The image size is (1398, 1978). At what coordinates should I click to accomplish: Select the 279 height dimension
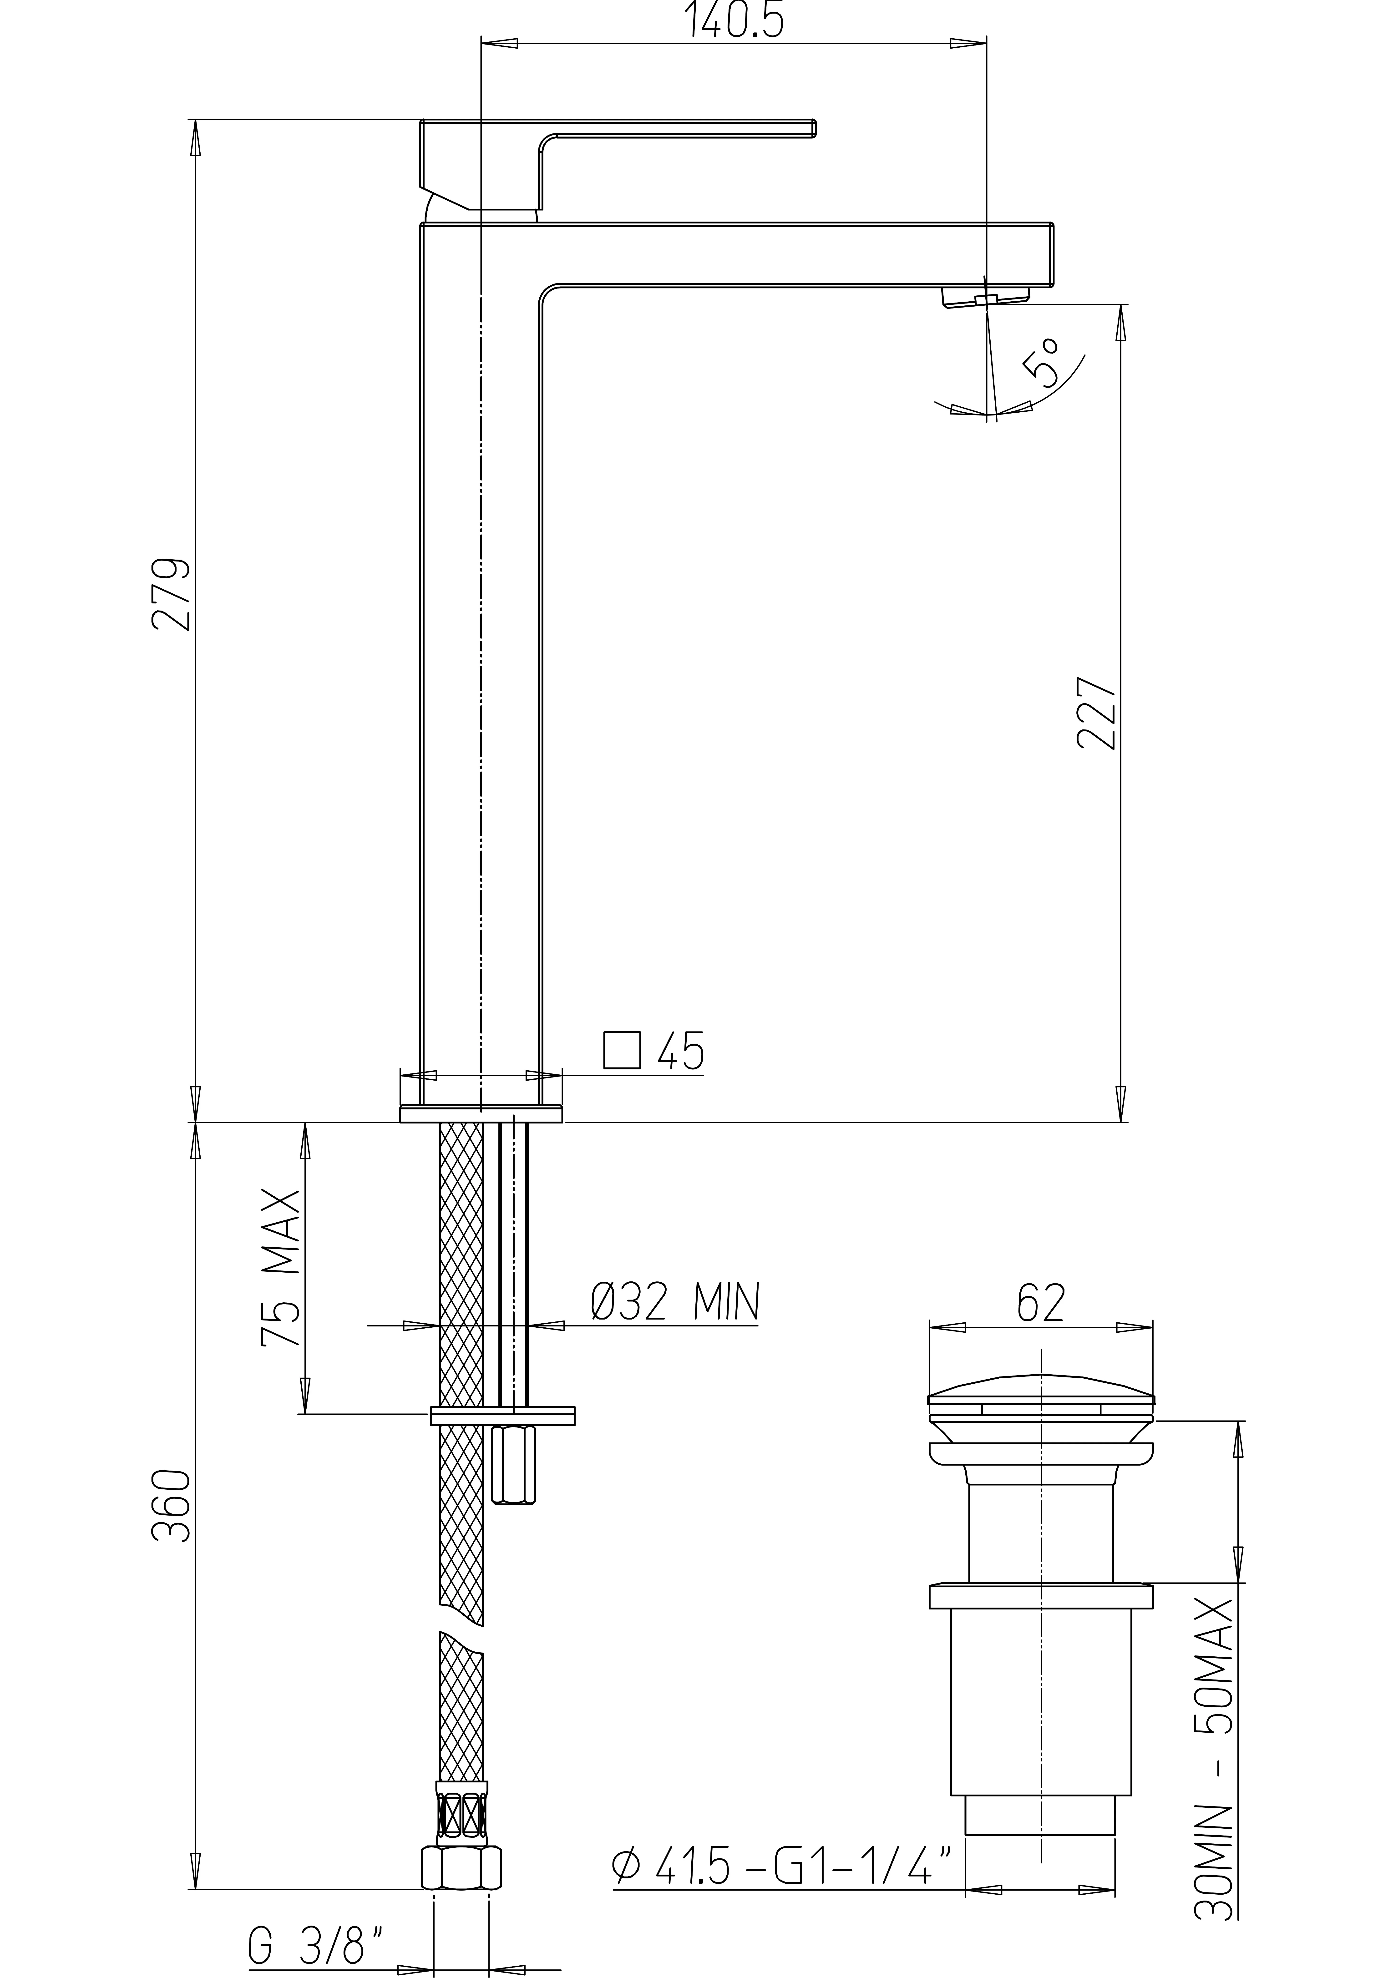tap(171, 594)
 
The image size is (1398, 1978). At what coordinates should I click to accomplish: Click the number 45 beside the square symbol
tap(680, 1051)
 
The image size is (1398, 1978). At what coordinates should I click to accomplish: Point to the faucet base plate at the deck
tap(481, 1114)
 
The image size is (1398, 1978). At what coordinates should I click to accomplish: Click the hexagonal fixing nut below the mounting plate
tap(513, 1466)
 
